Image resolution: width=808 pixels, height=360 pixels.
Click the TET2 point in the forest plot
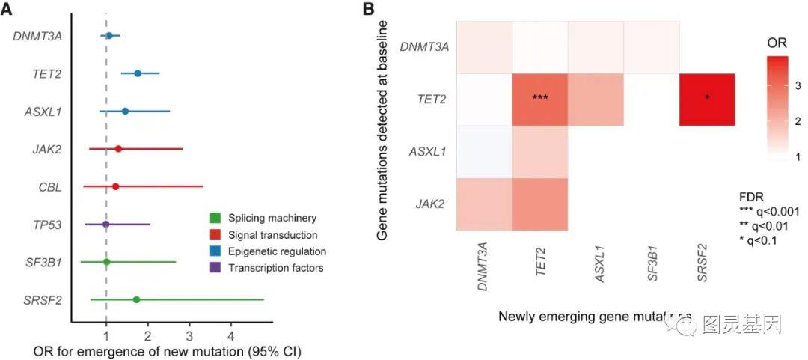coord(138,73)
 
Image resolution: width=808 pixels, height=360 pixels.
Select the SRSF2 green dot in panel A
coord(136,299)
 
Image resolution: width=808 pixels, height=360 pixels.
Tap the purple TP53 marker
coord(106,224)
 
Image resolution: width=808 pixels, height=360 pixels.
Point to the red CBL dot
coord(115,186)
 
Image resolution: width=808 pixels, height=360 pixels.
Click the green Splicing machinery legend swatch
coord(215,219)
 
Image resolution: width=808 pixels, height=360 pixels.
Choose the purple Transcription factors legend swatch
coord(215,267)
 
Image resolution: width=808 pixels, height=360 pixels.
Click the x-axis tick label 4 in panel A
coord(231,332)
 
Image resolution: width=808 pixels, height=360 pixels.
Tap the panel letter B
coord(368,9)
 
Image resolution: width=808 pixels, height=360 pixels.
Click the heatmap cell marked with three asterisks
coord(540,100)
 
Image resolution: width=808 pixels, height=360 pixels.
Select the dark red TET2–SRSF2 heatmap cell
coord(707,100)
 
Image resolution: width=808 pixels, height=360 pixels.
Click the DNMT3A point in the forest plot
coord(109,35)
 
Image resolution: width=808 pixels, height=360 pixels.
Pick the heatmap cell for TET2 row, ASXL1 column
coord(596,100)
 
